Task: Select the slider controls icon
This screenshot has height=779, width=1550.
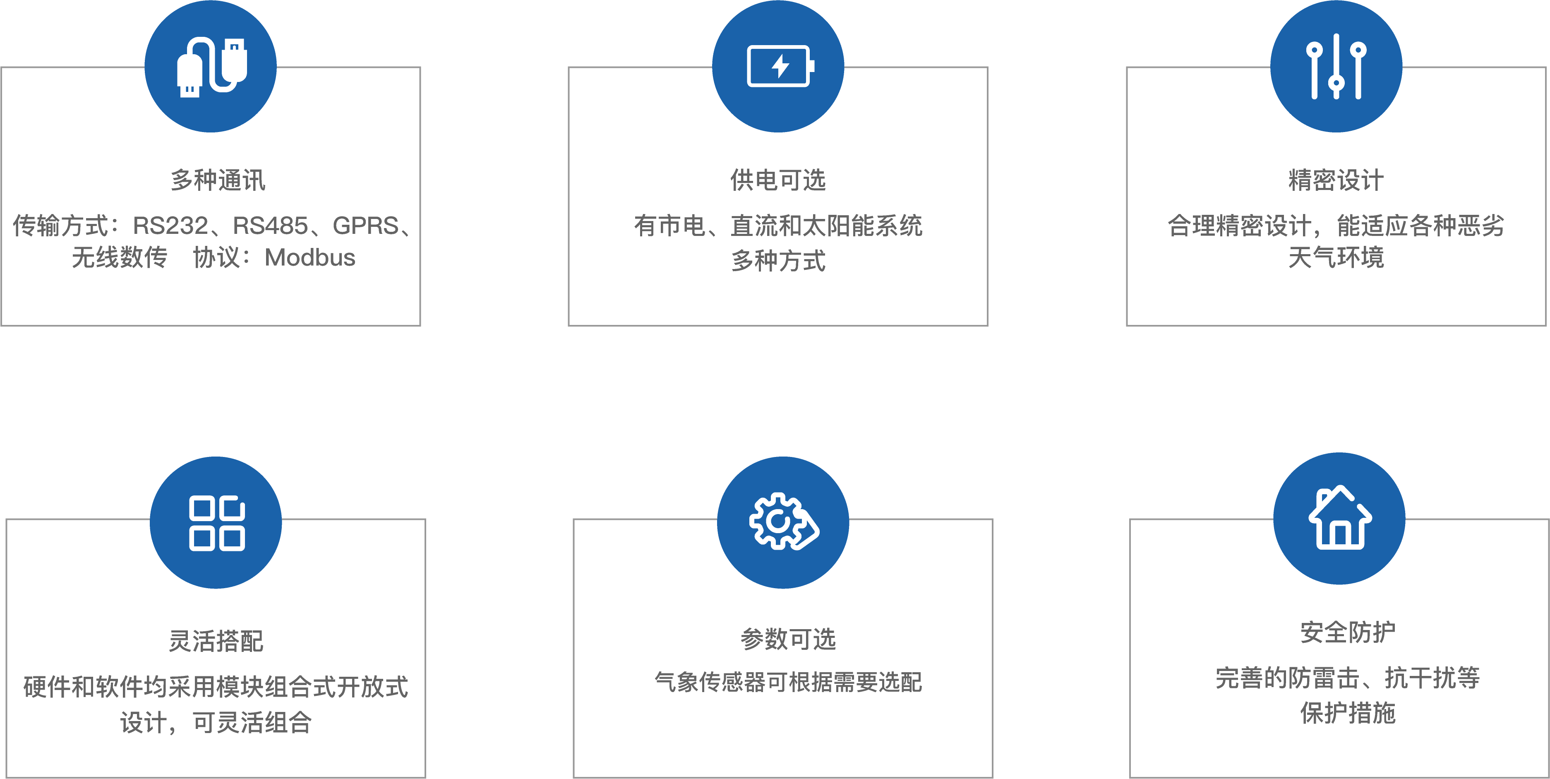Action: tap(1336, 66)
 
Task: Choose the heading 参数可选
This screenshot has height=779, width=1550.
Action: tap(788, 639)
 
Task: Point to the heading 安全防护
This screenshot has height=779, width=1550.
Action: tap(1348, 632)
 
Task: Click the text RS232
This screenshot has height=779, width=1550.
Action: tap(170, 226)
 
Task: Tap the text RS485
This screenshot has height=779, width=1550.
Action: tap(270, 226)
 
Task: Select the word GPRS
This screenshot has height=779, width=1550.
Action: tap(365, 226)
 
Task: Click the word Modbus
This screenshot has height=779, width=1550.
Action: tap(310, 257)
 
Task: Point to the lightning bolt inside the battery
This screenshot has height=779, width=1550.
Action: tap(780, 66)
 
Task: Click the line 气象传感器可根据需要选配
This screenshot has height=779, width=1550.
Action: tap(788, 682)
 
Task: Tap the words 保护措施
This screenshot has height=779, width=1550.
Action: tap(1348, 713)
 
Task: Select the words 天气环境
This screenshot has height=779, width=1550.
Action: tap(1336, 257)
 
